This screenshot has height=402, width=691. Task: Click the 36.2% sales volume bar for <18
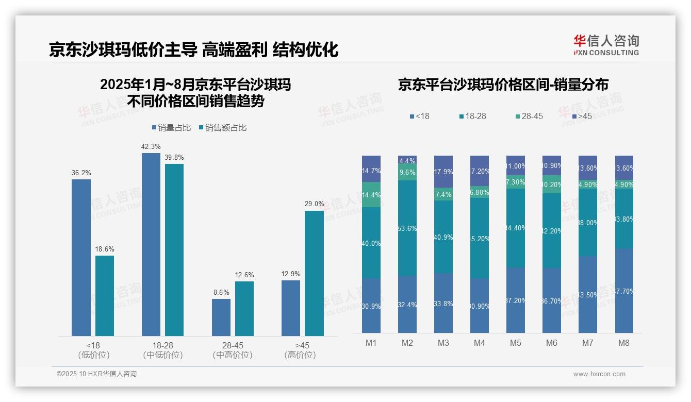tap(81, 258)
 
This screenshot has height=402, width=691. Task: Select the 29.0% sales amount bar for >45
tap(314, 273)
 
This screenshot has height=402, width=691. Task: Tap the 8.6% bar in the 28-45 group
tap(221, 317)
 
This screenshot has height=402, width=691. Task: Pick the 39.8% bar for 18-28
tap(174, 250)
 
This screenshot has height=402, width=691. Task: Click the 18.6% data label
tap(104, 249)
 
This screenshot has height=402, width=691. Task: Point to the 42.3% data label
tap(151, 146)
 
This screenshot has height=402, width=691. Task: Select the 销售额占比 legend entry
tap(222, 128)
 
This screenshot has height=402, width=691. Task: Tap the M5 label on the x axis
tap(516, 343)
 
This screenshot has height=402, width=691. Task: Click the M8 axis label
tap(624, 343)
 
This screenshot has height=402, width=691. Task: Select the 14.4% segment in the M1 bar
tap(371, 195)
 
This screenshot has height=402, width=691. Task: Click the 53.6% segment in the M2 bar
tap(407, 228)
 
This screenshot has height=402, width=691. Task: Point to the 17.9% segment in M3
tap(443, 172)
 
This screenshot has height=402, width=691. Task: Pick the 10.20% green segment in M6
tap(552, 185)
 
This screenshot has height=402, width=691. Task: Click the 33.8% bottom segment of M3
tap(443, 303)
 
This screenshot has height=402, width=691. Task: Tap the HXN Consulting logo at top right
tap(606, 45)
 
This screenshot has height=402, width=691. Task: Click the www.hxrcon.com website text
tap(599, 374)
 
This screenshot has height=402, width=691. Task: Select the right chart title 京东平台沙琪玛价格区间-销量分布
tap(503, 85)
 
